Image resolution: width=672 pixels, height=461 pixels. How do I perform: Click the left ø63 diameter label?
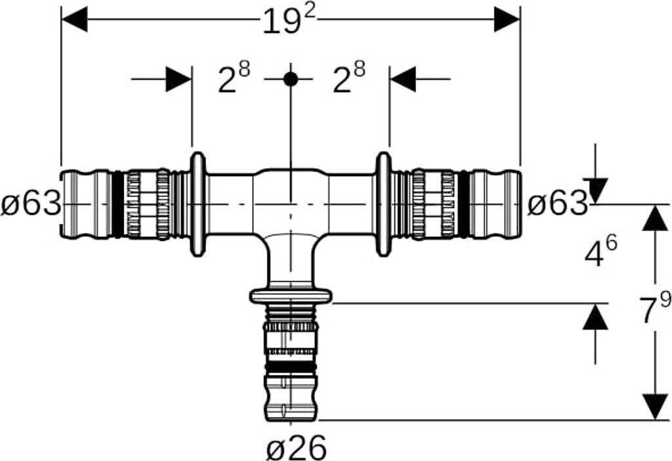31,205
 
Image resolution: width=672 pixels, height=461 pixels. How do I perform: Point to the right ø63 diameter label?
558,205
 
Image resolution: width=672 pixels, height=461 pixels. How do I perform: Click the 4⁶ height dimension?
600,252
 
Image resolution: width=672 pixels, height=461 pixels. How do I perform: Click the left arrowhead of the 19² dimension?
73,20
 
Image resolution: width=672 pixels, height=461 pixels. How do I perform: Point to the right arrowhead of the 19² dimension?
507,20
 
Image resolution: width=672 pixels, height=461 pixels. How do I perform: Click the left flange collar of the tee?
197,204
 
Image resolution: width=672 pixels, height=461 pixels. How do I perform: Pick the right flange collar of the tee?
383,204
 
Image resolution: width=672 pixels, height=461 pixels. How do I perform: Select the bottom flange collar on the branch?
291,296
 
